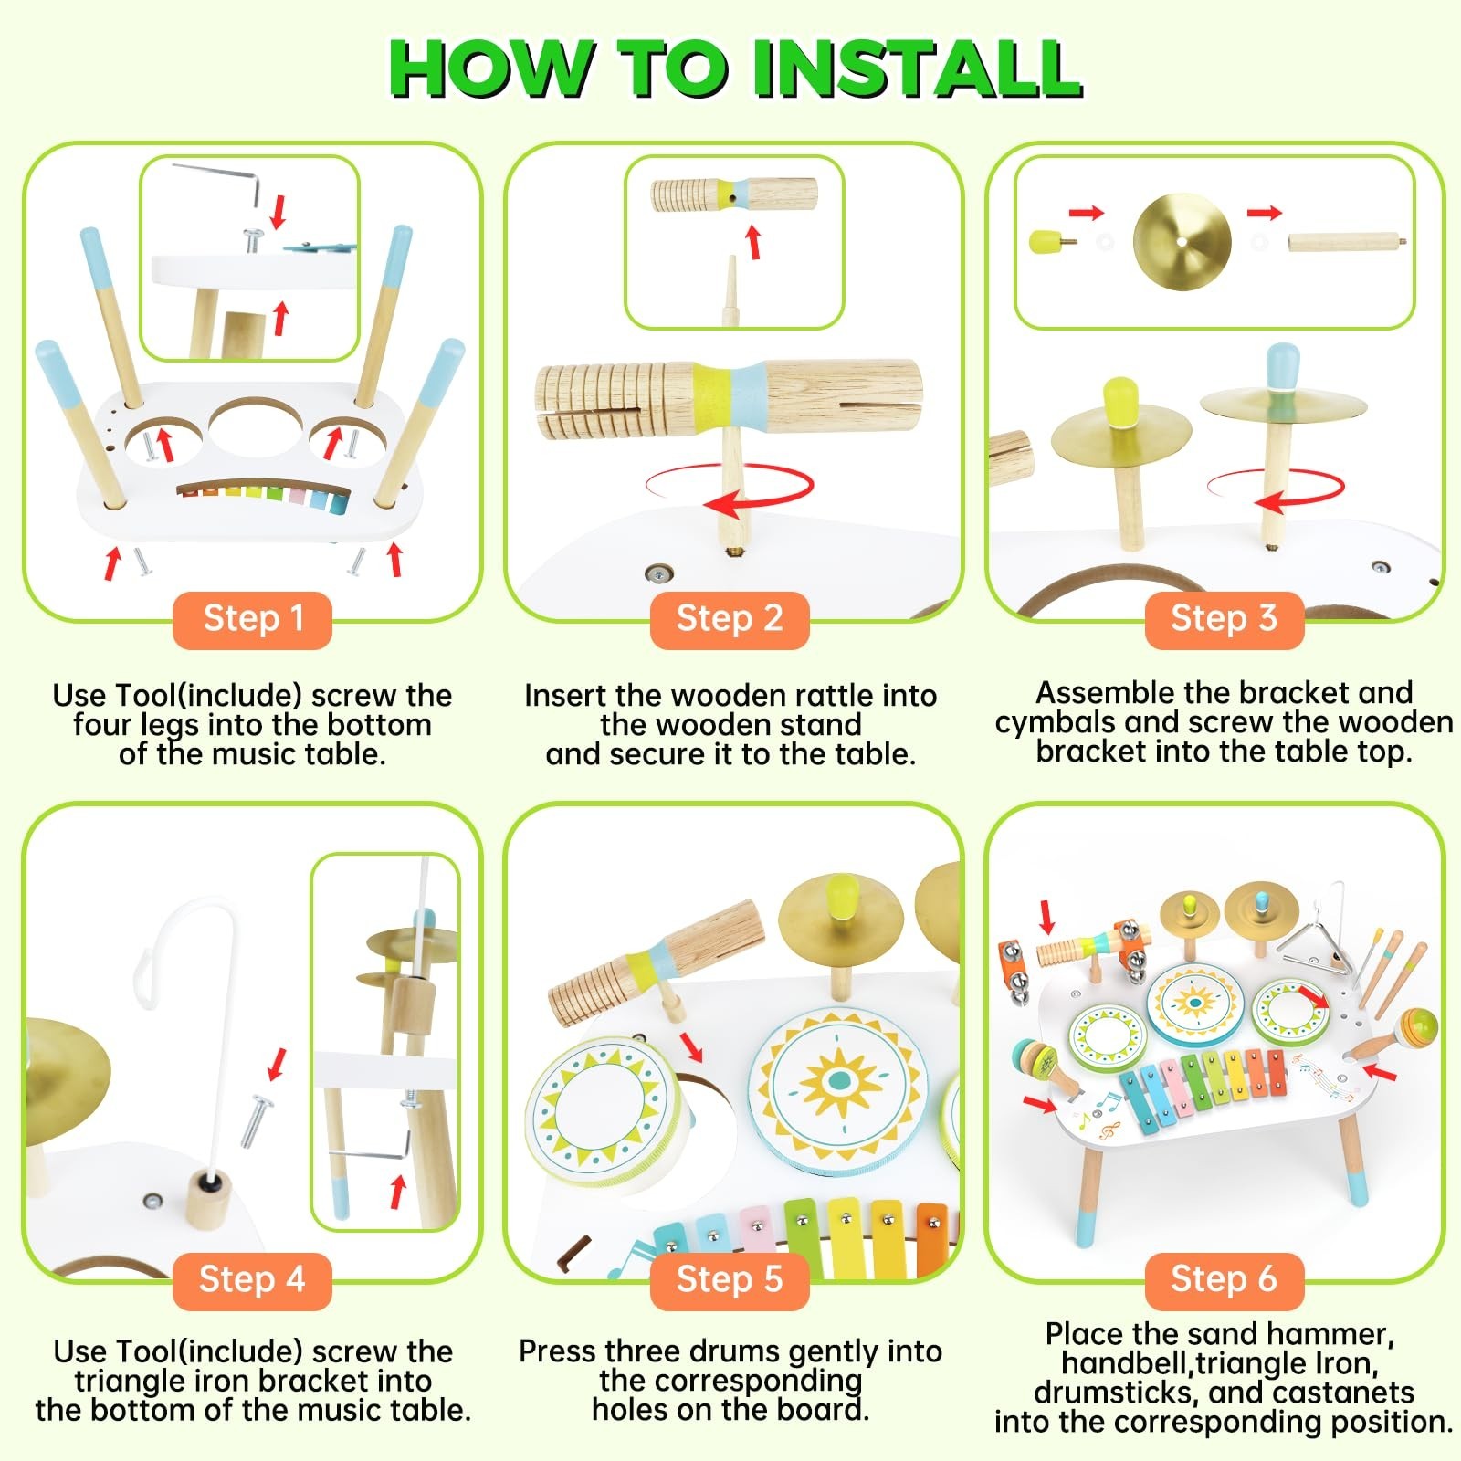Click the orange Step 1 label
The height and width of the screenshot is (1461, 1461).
252,620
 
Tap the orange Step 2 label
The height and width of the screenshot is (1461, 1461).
730,620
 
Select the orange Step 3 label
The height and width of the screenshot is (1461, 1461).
1224,620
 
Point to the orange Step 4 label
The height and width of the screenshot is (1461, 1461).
252,1280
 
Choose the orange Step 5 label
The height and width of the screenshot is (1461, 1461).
730,1280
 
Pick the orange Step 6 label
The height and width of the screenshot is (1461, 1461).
1224,1280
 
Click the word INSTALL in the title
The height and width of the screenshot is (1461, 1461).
917,69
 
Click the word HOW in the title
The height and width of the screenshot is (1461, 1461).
492,69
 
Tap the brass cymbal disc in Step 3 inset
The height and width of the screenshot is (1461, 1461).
1182,243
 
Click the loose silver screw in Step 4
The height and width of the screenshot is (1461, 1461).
257,1120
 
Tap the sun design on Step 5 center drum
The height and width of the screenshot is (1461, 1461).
836,1085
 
